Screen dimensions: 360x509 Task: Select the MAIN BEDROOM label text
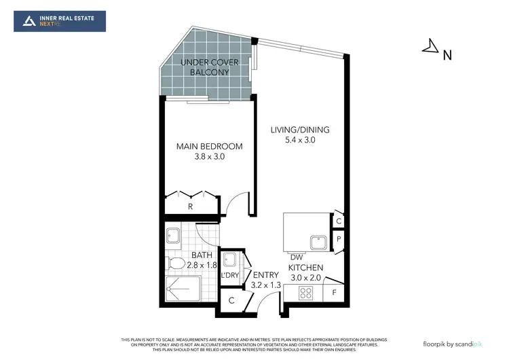(209, 146)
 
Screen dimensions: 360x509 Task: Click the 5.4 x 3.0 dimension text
(301, 141)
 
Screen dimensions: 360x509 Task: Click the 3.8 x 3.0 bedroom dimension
(209, 157)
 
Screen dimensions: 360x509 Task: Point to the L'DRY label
(230, 275)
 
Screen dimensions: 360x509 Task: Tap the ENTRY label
(266, 275)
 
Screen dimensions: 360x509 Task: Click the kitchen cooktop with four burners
(305, 293)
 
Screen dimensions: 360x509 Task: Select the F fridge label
(334, 293)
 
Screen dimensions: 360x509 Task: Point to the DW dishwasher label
(296, 257)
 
